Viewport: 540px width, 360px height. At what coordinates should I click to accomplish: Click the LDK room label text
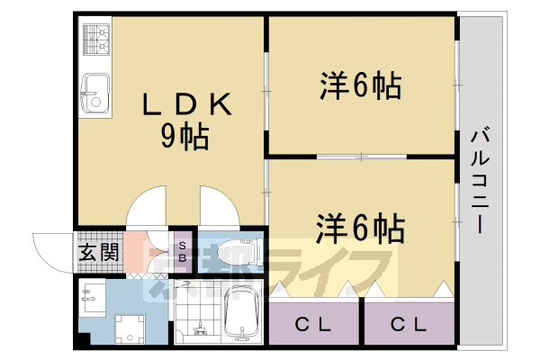[188, 106]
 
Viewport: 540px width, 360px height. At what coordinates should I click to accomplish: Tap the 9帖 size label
[184, 137]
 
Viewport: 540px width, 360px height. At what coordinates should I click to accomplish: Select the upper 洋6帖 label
[358, 87]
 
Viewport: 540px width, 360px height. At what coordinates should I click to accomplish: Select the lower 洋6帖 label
[359, 229]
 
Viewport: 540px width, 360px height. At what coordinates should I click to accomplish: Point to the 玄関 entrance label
[97, 252]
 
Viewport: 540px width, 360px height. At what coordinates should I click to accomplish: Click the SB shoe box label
[183, 252]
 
